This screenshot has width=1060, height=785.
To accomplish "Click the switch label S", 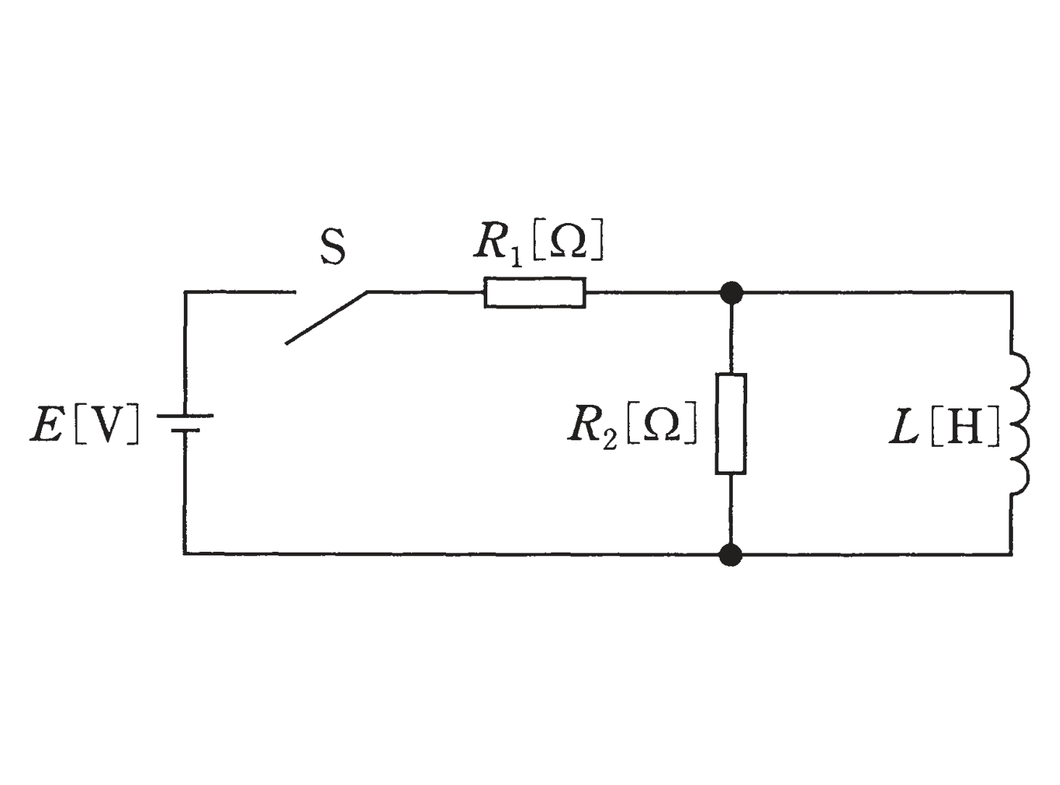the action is click(332, 248).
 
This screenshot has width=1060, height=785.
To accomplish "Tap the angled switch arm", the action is click(326, 317).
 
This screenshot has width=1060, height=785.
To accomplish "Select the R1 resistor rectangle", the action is click(535, 293).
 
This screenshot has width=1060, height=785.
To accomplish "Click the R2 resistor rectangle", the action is click(731, 424).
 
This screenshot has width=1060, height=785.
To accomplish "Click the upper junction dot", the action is click(731, 293).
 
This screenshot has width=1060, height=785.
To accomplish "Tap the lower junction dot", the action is click(731, 555).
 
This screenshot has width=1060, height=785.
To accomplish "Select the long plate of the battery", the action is click(185, 416).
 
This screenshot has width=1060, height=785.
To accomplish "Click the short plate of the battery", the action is click(185, 430).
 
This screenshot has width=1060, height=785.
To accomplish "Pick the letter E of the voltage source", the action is click(47, 424).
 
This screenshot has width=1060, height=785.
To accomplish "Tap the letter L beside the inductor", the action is click(904, 426).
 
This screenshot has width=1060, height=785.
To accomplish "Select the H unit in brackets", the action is click(964, 426).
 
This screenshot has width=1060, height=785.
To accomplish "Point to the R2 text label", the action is click(592, 427).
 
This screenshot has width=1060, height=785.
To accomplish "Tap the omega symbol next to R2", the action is click(662, 423).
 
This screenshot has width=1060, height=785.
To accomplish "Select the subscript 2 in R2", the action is click(610, 438).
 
